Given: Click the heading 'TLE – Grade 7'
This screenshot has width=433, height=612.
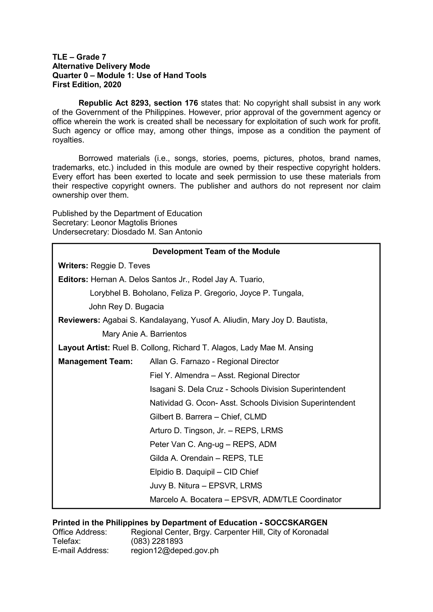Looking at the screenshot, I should [79, 57].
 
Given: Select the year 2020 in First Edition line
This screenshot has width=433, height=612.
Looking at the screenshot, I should [112, 85].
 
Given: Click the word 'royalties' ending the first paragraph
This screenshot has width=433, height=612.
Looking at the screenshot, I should [68, 140].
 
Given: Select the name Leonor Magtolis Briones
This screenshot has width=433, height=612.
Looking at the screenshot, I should [134, 223].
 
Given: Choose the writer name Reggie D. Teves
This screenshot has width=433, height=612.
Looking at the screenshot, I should [120, 266].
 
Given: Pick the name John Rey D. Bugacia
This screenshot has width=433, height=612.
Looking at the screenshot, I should [126, 307].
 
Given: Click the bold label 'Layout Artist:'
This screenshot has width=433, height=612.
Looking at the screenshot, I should [84, 348].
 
